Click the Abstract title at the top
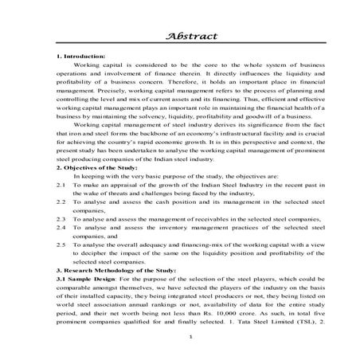point(179,36)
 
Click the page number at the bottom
point(180,341)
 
